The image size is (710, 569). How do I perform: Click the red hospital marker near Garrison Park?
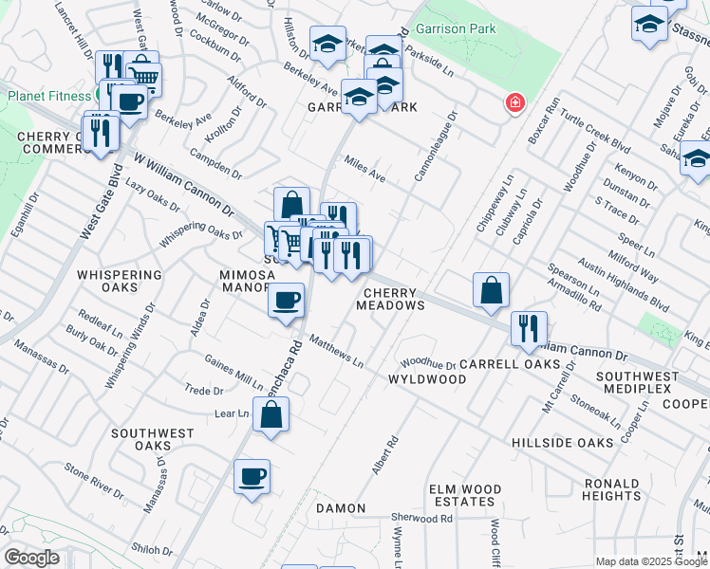[x=514, y=102]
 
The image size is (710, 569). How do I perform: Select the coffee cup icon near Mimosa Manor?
[x=286, y=303]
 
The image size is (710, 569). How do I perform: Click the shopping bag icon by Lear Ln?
[x=271, y=414]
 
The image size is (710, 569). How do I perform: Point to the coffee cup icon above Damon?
[x=252, y=477]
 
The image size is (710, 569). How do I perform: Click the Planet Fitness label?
[x=51, y=96]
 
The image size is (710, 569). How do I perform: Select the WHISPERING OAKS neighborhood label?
[x=120, y=281]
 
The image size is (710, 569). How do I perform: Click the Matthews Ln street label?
[x=336, y=349]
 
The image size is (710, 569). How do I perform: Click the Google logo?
[x=31, y=558]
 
